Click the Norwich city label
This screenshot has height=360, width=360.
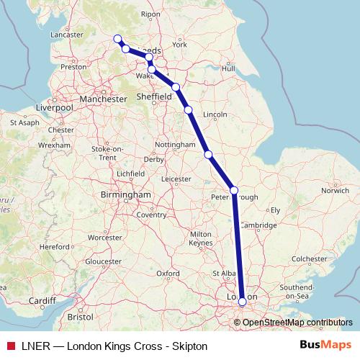335,191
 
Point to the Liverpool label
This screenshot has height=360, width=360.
54,107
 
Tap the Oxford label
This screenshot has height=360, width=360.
168,274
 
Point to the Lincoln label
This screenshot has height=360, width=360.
216,114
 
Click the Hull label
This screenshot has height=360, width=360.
229,68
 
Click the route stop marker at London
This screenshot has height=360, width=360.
242,302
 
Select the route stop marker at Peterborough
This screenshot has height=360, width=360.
233,190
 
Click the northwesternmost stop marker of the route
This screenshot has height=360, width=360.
117,39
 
